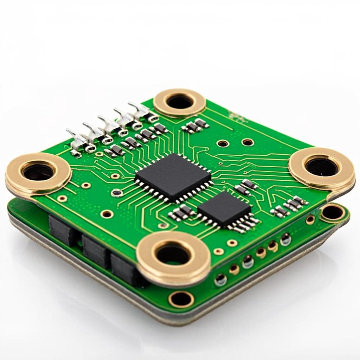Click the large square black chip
[173, 177]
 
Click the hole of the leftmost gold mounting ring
[38, 172]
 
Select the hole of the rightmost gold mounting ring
[322, 167]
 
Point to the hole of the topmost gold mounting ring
[179, 102]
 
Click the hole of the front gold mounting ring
[173, 254]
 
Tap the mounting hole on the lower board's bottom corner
[181, 299]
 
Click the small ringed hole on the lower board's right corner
[332, 212]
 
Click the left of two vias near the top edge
[223, 143]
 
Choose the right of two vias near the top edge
[247, 142]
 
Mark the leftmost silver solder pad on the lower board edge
[221, 279]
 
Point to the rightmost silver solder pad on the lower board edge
[285, 239]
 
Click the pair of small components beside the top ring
[196, 126]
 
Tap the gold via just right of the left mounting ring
[85, 185]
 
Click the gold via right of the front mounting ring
[218, 251]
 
